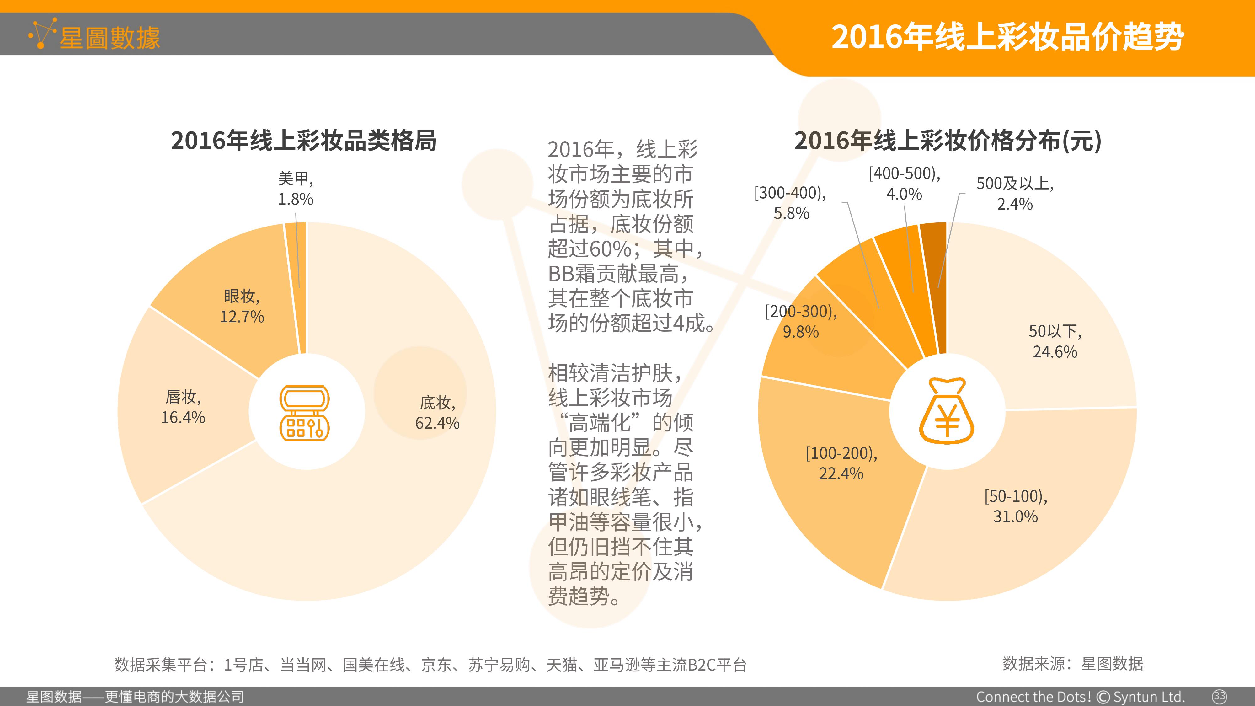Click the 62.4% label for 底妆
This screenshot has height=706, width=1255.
(x=437, y=413)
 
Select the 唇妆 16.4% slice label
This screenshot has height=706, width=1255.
(x=183, y=407)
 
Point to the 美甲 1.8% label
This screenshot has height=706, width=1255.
(x=296, y=189)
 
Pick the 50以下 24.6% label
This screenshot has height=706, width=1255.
(x=1055, y=341)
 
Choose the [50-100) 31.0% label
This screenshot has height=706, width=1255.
(x=1016, y=506)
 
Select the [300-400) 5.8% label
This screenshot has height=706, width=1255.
(x=790, y=203)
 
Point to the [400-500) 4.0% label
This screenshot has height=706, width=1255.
(x=904, y=184)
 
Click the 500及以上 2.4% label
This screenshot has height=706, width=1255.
(x=1015, y=193)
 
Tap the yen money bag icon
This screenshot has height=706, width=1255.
(x=947, y=411)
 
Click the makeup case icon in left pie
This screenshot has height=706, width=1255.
(x=304, y=413)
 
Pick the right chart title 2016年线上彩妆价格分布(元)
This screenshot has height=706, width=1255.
(x=948, y=141)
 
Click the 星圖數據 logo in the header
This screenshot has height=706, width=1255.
(x=94, y=35)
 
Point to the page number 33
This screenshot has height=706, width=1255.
(x=1220, y=696)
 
